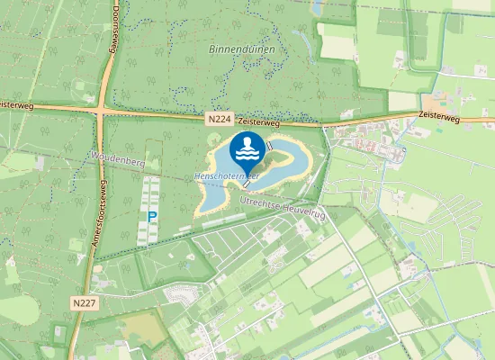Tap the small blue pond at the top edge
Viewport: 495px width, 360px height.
coord(317,7)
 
